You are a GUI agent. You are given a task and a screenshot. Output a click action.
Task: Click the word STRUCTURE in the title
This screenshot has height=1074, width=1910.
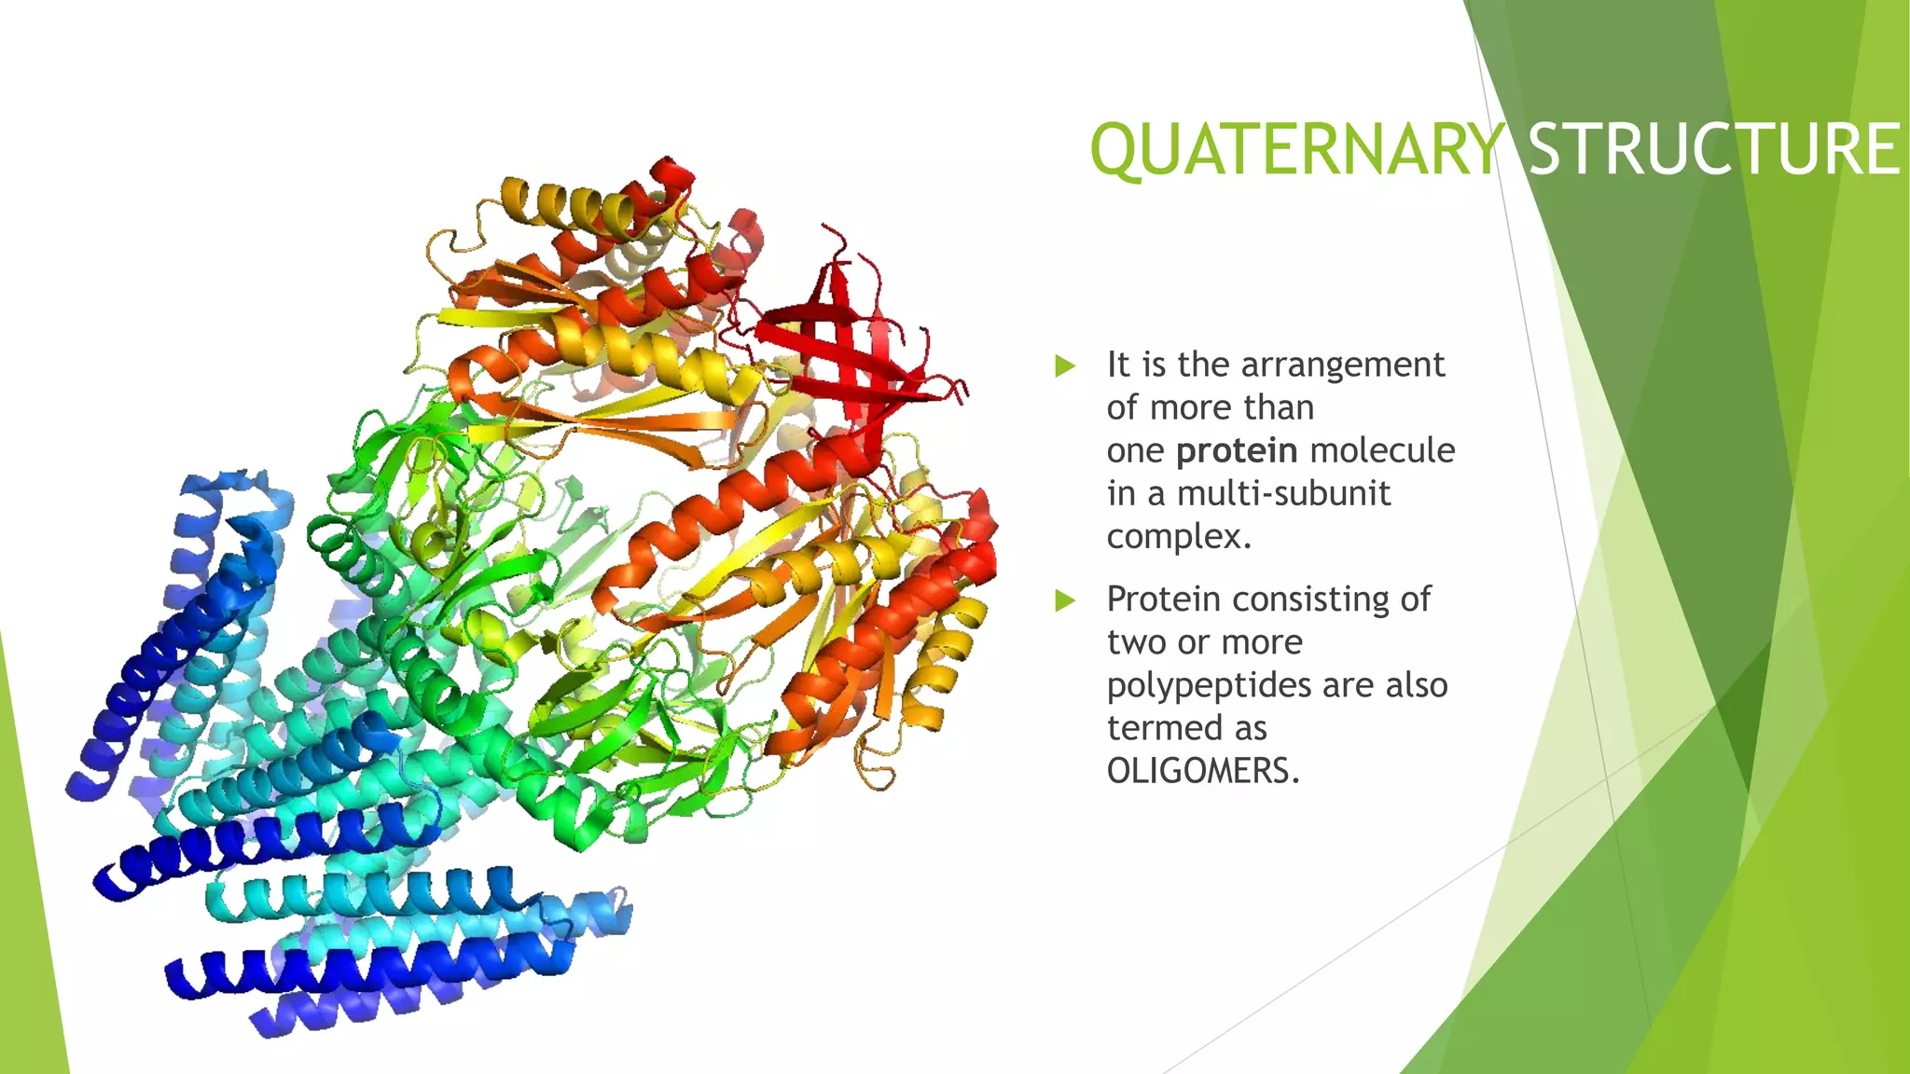click(x=1714, y=151)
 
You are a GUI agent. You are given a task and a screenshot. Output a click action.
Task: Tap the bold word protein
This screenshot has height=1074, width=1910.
click(x=1236, y=451)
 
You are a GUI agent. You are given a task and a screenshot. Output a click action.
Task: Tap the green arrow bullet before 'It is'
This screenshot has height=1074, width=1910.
click(x=1064, y=365)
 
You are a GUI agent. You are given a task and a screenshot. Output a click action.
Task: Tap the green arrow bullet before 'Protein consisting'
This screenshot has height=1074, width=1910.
click(x=1064, y=600)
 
